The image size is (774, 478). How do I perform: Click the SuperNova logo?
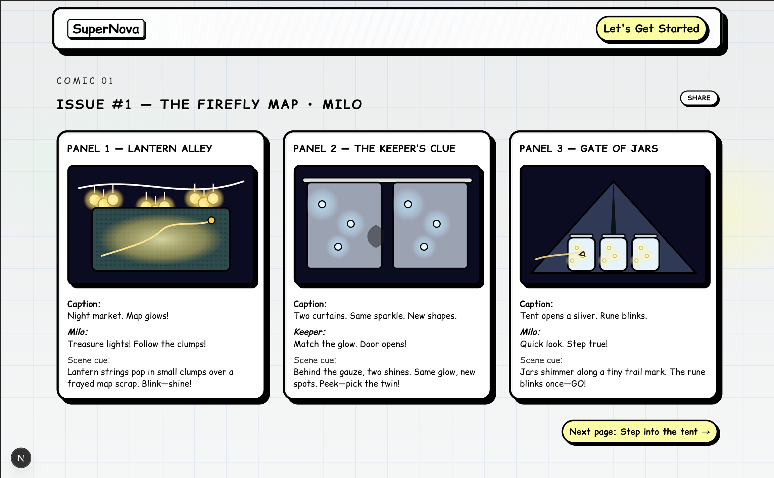tap(106, 29)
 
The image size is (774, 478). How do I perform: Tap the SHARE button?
tap(699, 98)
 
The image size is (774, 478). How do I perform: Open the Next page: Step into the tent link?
tap(640, 432)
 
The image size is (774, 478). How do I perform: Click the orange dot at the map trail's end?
tap(211, 221)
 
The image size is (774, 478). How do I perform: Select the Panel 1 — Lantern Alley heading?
tap(140, 149)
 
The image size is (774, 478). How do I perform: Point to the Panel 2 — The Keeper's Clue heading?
tap(374, 149)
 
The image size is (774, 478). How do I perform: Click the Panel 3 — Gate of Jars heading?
tap(589, 149)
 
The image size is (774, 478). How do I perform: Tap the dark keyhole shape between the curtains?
tap(376, 236)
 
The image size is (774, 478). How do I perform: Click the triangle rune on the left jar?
tap(582, 254)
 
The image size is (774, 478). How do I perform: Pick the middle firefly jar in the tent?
tap(613, 253)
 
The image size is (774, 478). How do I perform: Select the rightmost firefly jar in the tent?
tap(645, 253)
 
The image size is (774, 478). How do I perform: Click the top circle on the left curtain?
tap(322, 204)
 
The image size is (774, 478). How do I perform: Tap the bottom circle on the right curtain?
tap(424, 247)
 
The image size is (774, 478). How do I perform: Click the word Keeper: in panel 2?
tap(309, 332)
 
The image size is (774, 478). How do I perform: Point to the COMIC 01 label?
tap(85, 81)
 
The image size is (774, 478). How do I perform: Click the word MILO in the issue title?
tap(342, 105)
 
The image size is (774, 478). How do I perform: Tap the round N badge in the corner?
tap(21, 458)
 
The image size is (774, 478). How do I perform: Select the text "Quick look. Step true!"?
tap(564, 344)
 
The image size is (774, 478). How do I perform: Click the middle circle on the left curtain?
tap(351, 224)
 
